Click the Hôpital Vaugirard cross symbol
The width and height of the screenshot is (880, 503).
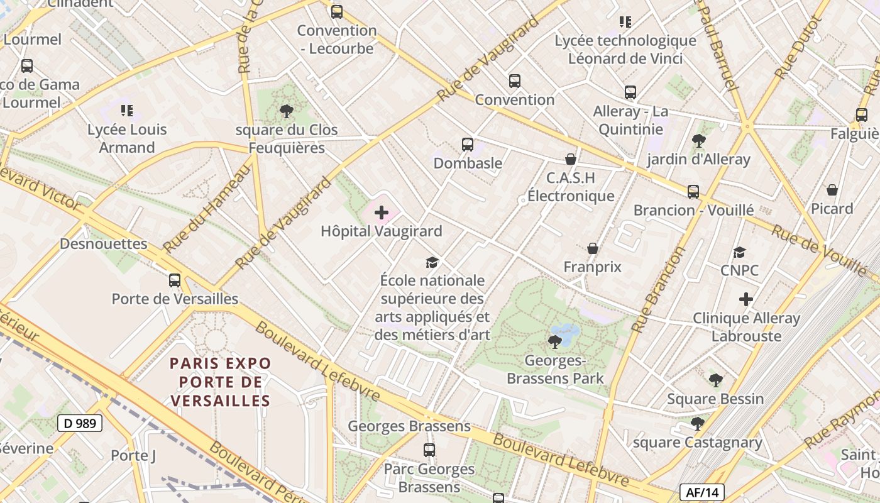click(381, 213)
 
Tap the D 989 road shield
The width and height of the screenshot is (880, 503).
click(80, 423)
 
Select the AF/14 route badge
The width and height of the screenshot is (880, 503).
click(702, 492)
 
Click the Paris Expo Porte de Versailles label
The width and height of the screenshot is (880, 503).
click(221, 382)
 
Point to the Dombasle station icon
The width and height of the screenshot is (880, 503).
click(468, 145)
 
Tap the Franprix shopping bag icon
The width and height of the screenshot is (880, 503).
click(592, 249)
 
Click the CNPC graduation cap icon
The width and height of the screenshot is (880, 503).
click(740, 253)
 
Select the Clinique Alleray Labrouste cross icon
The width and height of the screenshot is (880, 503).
click(746, 299)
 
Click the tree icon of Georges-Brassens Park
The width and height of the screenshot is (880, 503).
click(554, 342)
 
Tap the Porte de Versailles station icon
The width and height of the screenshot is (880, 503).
click(175, 280)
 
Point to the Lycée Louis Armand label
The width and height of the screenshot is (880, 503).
click(127, 138)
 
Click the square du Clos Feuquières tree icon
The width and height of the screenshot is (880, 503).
click(287, 112)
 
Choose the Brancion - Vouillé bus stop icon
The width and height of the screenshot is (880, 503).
click(693, 192)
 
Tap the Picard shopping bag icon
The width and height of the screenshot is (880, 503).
click(832, 190)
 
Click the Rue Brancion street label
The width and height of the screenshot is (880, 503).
click(658, 290)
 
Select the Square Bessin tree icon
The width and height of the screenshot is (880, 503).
click(715, 380)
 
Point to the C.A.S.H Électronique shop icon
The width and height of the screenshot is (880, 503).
click(571, 159)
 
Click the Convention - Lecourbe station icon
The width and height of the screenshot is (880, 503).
click(337, 11)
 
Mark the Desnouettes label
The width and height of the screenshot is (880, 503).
click(104, 244)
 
